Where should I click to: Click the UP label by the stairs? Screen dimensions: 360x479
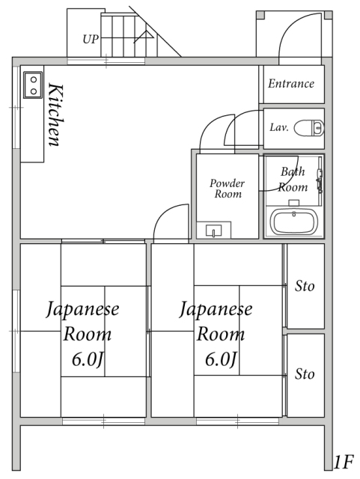pyautogui.click(x=91, y=40)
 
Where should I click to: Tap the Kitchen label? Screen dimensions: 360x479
pyautogui.click(x=56, y=115)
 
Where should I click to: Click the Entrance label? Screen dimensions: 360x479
pyautogui.click(x=291, y=83)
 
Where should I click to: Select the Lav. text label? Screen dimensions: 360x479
pyautogui.click(x=279, y=127)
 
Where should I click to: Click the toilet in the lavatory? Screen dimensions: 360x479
pyautogui.click(x=309, y=127)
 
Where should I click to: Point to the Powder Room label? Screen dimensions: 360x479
pyautogui.click(x=228, y=189)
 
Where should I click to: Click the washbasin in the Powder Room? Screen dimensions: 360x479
pyautogui.click(x=213, y=230)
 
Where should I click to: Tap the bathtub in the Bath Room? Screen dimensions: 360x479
pyautogui.click(x=293, y=222)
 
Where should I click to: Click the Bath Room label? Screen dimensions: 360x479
pyautogui.click(x=293, y=180)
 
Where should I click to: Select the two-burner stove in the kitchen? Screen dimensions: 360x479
pyautogui.click(x=33, y=85)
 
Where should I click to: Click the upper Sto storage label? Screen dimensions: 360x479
pyautogui.click(x=305, y=286)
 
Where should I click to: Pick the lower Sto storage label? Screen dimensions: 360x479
pyautogui.click(x=305, y=374)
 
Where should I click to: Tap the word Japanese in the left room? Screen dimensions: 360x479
pyautogui.click(x=82, y=309)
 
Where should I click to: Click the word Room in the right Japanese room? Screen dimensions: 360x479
pyautogui.click(x=221, y=334)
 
